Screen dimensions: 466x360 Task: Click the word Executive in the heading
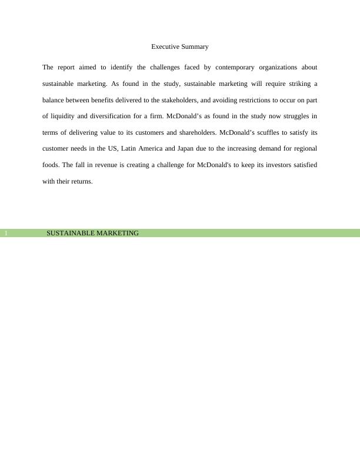point(166,46)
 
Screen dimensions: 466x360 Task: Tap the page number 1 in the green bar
point(5,234)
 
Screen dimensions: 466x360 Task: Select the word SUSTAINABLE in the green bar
point(70,233)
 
